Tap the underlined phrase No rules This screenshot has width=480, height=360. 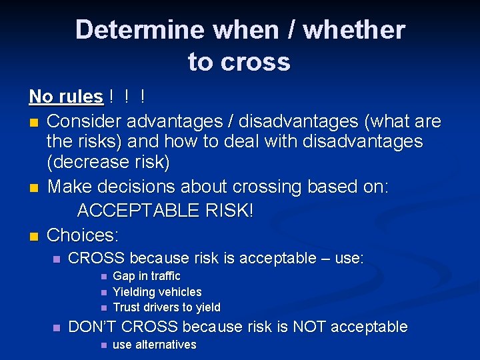[x=66, y=97]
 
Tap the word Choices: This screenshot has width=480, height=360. [x=83, y=235]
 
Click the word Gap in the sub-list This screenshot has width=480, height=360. [x=124, y=276]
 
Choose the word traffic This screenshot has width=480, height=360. [x=165, y=276]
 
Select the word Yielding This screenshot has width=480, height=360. [x=135, y=292]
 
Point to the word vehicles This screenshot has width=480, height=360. [x=181, y=292]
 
